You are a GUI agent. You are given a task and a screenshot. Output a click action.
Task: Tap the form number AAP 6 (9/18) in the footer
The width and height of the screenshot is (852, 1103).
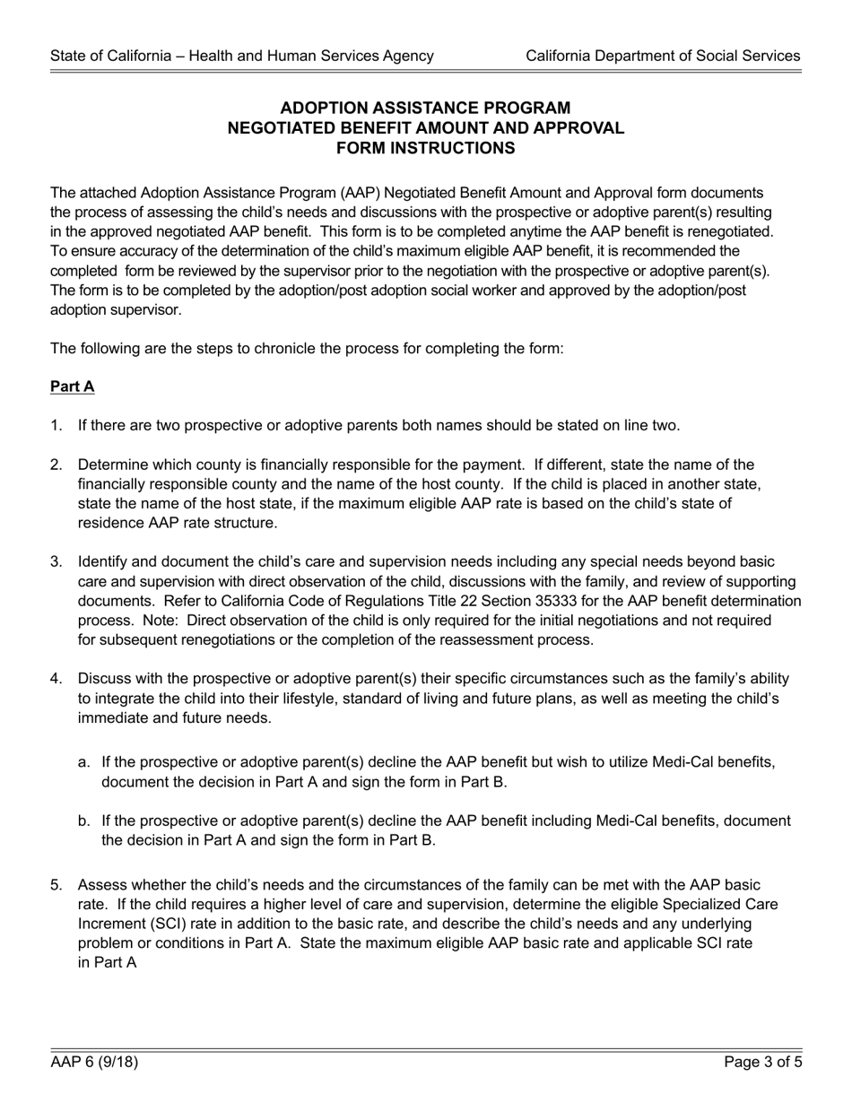pyautogui.click(x=94, y=1064)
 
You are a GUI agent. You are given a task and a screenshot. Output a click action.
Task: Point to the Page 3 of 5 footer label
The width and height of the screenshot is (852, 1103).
pyautogui.click(x=763, y=1064)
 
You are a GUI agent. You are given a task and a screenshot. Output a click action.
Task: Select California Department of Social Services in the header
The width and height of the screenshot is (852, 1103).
pyautogui.click(x=663, y=56)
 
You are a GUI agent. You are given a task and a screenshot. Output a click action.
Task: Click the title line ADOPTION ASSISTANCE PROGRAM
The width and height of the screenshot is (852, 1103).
pyautogui.click(x=426, y=108)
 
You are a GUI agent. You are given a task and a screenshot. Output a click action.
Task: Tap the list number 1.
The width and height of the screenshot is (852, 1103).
pyautogui.click(x=56, y=425)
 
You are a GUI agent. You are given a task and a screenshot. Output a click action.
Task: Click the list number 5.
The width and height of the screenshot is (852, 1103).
pyautogui.click(x=56, y=884)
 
